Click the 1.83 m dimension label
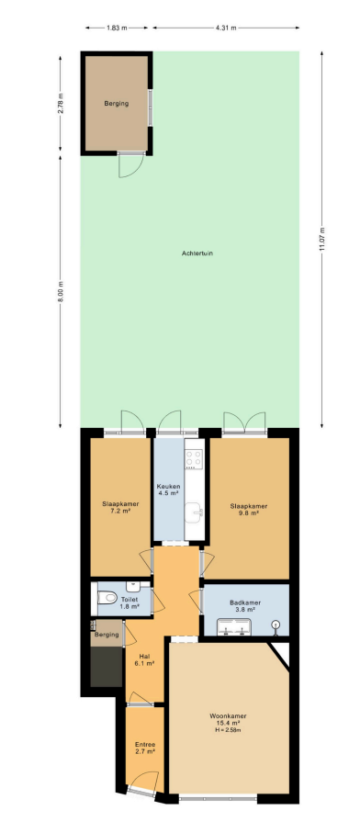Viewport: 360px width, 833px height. coord(117,28)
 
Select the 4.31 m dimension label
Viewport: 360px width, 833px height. coord(226,28)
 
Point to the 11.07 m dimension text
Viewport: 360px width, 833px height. coord(321,239)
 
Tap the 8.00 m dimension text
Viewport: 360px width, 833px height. coord(60,292)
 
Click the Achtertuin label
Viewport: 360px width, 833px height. coord(197,253)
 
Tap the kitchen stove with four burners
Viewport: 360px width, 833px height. coord(193,459)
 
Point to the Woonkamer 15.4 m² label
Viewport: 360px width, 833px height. coord(228,719)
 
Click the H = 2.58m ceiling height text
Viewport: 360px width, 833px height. coord(228,730)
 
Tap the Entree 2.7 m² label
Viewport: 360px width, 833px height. coord(145,748)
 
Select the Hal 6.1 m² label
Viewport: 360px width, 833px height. coord(146,659)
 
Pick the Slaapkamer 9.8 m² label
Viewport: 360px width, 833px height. coord(249,510)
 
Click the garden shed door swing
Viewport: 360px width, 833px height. coord(130,165)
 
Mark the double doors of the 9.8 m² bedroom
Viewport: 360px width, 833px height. coord(243,422)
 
